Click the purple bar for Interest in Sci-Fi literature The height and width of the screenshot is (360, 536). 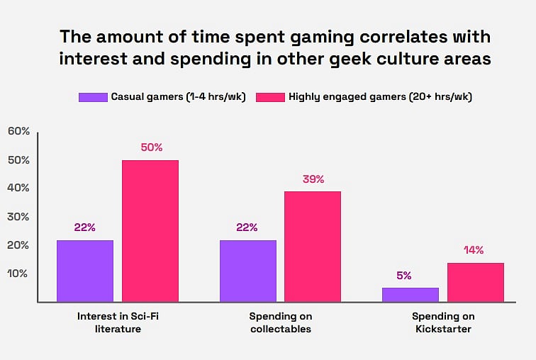[x=85, y=271]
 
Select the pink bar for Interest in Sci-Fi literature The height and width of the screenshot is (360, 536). [x=150, y=231]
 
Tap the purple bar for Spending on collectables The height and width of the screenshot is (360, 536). [x=248, y=271]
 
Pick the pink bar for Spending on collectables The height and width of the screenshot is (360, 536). [x=313, y=247]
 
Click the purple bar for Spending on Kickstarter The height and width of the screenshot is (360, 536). [x=411, y=294]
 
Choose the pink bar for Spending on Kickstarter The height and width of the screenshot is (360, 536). [x=475, y=282]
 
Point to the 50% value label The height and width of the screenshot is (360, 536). [x=151, y=147]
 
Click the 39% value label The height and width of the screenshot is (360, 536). [x=313, y=179]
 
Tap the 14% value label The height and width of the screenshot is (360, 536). [x=474, y=249]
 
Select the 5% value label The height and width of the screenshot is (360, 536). [x=404, y=275]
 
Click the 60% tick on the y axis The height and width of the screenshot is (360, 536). [x=18, y=131]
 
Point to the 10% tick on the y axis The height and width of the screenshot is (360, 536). [x=18, y=274]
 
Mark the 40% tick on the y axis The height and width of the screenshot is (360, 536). [x=18, y=188]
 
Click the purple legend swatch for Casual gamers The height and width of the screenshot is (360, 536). [x=92, y=97]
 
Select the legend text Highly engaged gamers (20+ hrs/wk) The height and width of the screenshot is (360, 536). [x=380, y=97]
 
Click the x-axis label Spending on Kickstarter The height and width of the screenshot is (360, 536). [x=443, y=322]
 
